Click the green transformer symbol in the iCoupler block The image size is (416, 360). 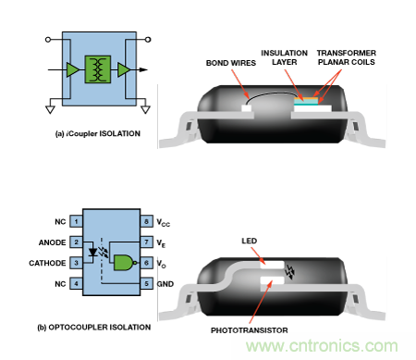[98, 69]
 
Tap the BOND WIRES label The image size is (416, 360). [231, 63]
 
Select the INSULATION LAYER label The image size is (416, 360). [284, 57]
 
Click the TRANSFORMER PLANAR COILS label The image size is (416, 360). [347, 57]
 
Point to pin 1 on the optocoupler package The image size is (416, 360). [76, 221]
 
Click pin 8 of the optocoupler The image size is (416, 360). [146, 221]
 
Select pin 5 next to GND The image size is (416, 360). [146, 283]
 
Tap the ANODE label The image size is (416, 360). [52, 242]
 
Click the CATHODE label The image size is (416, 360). [47, 263]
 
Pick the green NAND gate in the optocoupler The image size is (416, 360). [124, 263]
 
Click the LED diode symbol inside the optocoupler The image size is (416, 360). [92, 253]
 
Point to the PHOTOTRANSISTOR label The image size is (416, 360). [250, 330]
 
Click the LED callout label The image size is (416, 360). [249, 241]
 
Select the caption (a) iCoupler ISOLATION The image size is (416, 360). [98, 133]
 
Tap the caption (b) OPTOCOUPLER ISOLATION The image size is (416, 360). [94, 328]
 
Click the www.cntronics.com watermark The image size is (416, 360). [322, 346]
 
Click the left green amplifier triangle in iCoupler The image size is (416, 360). [73, 69]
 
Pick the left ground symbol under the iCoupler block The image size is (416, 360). [50, 109]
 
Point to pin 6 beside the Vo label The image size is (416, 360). [146, 263]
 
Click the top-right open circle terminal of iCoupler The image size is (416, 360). [148, 40]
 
